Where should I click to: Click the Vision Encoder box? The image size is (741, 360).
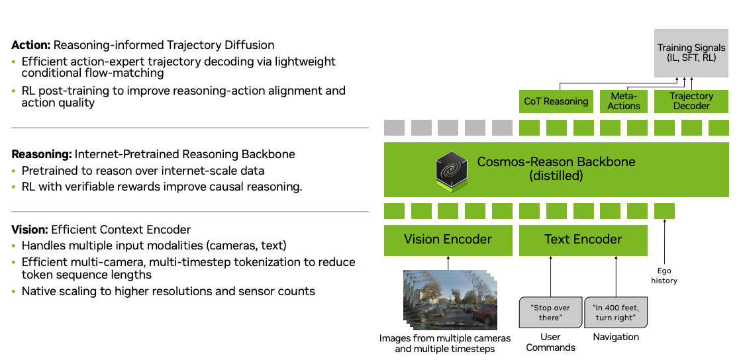click(x=448, y=240)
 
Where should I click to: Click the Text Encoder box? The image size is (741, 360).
click(x=583, y=240)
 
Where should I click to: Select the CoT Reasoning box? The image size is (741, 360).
click(x=556, y=101)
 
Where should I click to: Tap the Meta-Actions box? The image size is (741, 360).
click(x=624, y=101)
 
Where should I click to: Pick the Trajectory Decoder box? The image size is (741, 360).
click(x=691, y=101)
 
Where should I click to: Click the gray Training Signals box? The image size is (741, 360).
click(x=691, y=52)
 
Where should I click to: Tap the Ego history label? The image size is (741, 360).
click(x=664, y=276)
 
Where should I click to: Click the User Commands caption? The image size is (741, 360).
click(x=550, y=343)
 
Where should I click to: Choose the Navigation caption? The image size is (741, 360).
click(x=616, y=337)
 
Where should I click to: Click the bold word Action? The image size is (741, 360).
click(x=30, y=46)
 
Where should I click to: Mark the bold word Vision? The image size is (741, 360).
click(x=30, y=230)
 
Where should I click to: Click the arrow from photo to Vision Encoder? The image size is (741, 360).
click(x=448, y=263)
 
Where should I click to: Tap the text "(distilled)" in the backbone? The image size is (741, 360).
click(x=556, y=175)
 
